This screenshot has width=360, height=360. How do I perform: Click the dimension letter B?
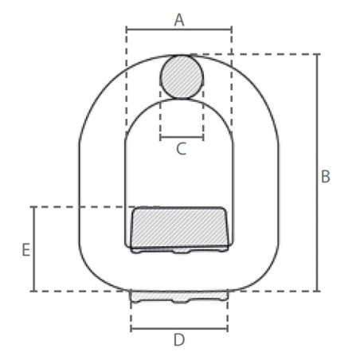tap(325, 177)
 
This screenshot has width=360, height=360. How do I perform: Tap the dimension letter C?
tap(182, 148)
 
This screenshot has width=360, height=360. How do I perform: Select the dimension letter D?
tap(179, 340)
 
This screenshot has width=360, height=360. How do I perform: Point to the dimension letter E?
tap(26, 249)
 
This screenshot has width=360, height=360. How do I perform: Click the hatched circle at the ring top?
tap(182, 76)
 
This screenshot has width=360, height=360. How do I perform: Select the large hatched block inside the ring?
tap(179, 228)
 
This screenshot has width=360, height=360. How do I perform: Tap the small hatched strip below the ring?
tap(179, 296)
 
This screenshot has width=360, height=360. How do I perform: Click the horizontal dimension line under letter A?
tap(179, 29)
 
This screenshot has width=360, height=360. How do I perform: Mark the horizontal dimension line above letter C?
tap(182, 137)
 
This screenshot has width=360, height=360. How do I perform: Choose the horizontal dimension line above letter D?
tap(179, 327)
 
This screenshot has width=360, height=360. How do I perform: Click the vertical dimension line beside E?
tap(34, 249)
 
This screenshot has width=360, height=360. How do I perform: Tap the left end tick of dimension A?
tap(127, 29)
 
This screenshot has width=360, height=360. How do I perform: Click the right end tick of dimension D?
tap(228, 327)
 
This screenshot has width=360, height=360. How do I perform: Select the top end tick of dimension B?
tap(318, 54)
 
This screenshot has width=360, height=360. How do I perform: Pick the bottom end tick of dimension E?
tap(34, 291)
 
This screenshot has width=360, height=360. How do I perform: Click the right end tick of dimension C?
tap(203, 137)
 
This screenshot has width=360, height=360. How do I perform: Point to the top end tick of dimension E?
tap(34, 207)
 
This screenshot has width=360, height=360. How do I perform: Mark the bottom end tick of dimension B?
tap(318, 291)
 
